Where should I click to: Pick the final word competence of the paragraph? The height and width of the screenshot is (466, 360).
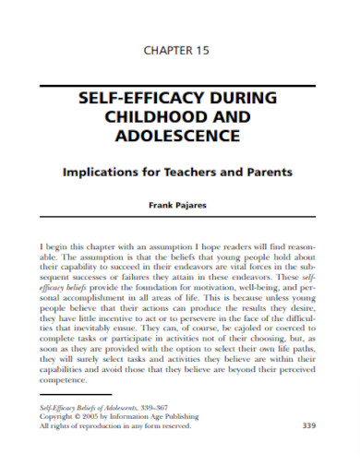coord(65,380)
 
